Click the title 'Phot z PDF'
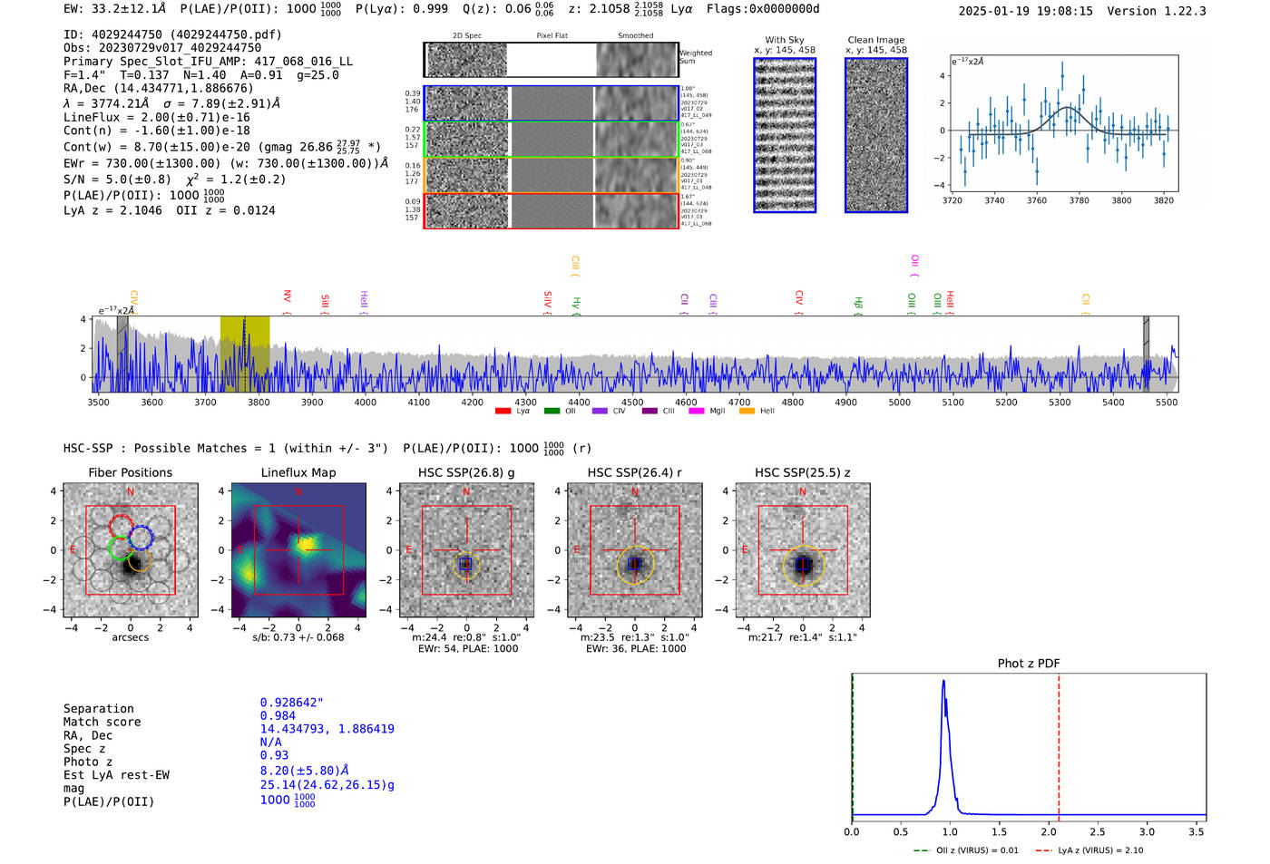[x=1029, y=663]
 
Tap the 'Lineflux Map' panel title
[x=298, y=472]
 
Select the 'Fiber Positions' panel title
[x=131, y=472]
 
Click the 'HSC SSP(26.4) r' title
[x=635, y=472]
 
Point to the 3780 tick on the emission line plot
[x=1079, y=200]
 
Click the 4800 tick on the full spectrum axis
[x=793, y=402]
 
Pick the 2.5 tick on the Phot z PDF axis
[x=1098, y=831]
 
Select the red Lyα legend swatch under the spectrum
[x=503, y=412]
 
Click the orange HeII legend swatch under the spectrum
[x=747, y=412]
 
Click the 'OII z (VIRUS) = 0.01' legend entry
[x=977, y=850]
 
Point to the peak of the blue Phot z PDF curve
[x=943, y=682]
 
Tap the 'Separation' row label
[x=98, y=708]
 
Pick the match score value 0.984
[x=278, y=715]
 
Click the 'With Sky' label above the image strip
[x=784, y=40]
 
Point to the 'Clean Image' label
[x=875, y=40]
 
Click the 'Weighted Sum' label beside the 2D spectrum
[x=696, y=57]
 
